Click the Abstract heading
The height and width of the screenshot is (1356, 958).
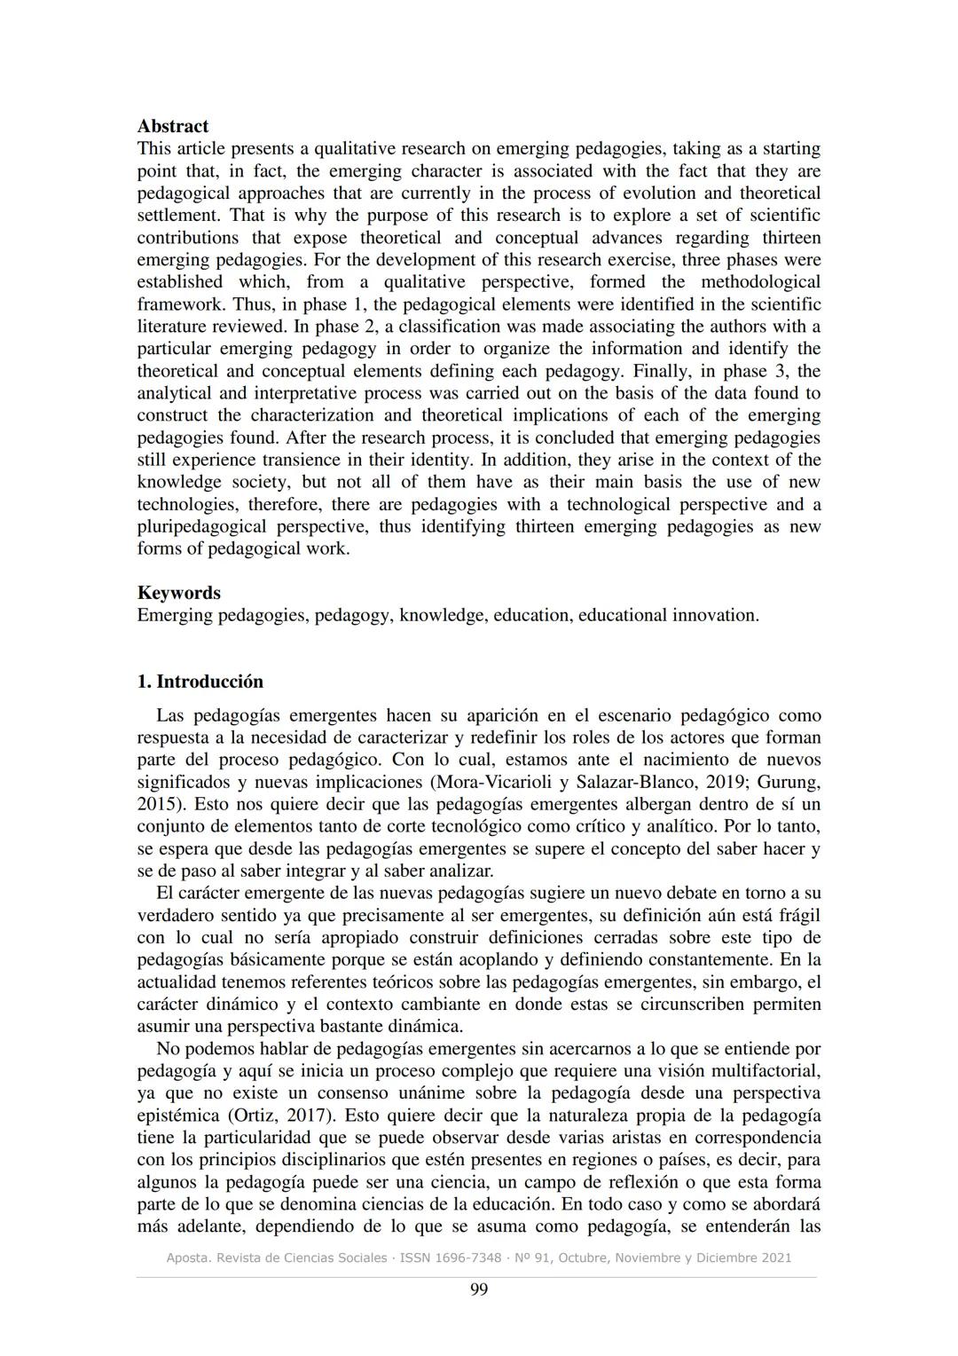tap(172, 126)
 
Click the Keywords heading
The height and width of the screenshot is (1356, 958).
tap(178, 593)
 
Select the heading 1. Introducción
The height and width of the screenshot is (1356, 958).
tap(200, 682)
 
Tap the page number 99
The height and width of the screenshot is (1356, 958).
tap(478, 1289)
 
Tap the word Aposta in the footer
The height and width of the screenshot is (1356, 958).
tap(187, 1257)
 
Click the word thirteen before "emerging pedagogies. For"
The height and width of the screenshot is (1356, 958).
tap(791, 238)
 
